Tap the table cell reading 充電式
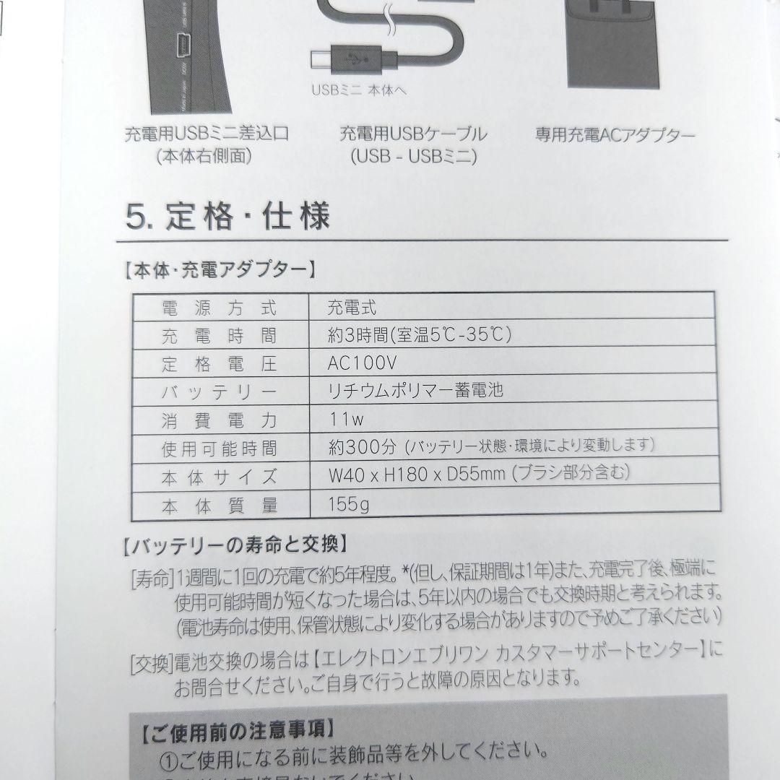coord(352,308)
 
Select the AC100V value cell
coord(362,363)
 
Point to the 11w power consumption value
coord(346,418)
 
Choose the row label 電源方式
coord(219,308)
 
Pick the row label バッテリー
coord(219,392)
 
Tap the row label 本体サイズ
coord(219,477)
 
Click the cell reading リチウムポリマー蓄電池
coord(415,391)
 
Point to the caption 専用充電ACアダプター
coord(615,135)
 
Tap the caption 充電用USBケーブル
coord(413,134)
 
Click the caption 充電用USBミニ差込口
coord(207,134)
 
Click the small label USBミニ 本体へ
coord(359,91)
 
